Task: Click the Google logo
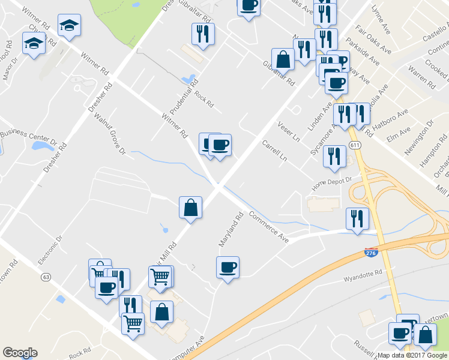pyautogui.click(x=20, y=353)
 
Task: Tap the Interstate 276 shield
pyautogui.click(x=372, y=254)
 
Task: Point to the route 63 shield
pyautogui.click(x=46, y=277)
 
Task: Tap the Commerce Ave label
pyautogui.click(x=268, y=227)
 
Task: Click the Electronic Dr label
pyautogui.click(x=50, y=250)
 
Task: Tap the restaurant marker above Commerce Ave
pyautogui.click(x=357, y=219)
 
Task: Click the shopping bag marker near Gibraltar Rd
pyautogui.click(x=283, y=59)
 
